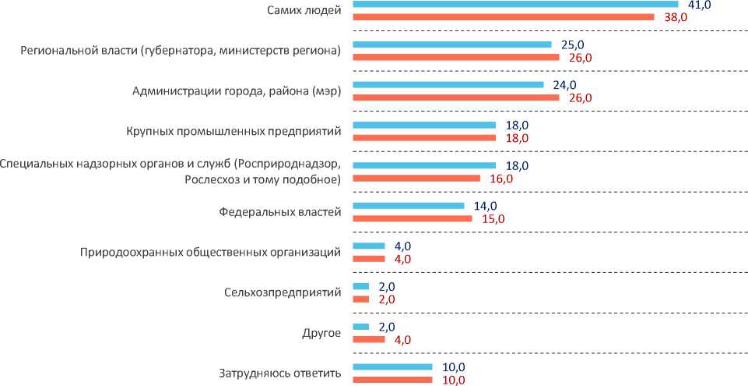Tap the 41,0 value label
697,5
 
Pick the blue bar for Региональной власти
451,44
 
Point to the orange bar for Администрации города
455,97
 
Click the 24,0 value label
564,85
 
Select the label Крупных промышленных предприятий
234,130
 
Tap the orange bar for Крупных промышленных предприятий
424,138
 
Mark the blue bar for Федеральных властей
408,206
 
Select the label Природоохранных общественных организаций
211,252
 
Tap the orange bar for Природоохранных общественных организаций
369,259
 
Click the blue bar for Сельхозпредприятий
361,286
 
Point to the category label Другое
321,333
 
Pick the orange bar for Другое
369,339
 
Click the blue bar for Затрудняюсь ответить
392,367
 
